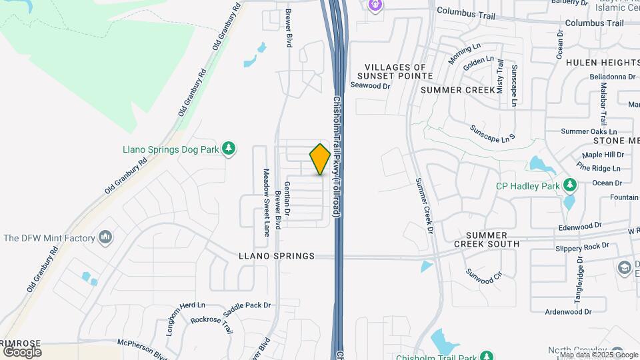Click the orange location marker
pos(321,159)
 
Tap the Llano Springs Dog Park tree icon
pos(229,149)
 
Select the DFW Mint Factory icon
pos(105,237)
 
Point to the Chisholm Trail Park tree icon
pos(487,356)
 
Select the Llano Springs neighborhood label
pos(276,256)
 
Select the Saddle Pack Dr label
pos(247,305)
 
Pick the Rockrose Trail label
pos(212,325)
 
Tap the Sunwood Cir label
pos(484,276)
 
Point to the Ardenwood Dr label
pos(554,311)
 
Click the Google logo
pos(22,351)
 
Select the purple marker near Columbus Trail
pos(375,5)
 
